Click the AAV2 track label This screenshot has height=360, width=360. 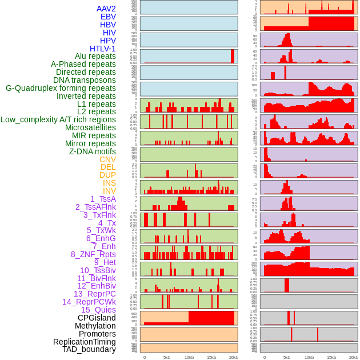pyautogui.click(x=106, y=9)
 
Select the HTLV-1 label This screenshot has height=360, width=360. pyautogui.click(x=102, y=49)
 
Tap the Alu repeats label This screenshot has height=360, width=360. pyautogui.click(x=95, y=56)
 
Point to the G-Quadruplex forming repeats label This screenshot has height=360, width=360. pyautogui.click(x=61, y=88)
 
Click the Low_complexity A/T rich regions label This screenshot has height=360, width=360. pyautogui.click(x=58, y=119)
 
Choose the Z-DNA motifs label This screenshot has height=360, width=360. pyautogui.click(x=92, y=151)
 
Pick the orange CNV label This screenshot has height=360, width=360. pyautogui.click(x=107, y=159)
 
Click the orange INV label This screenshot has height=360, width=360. pyautogui.click(x=109, y=191)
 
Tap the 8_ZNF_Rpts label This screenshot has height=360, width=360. pyautogui.click(x=93, y=254)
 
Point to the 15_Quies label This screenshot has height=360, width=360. pyautogui.click(x=98, y=310)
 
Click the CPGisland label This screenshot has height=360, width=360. pyautogui.click(x=97, y=318)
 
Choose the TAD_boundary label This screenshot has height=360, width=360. pyautogui.click(x=89, y=349)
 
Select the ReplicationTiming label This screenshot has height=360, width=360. pyautogui.click(x=84, y=342)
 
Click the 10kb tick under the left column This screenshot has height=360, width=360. pyautogui.click(x=189, y=357)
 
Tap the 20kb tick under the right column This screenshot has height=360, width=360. pyautogui.click(x=354, y=357)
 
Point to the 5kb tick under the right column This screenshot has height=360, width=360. pyautogui.click(x=287, y=357)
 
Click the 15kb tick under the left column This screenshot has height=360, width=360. pyautogui.click(x=211, y=357)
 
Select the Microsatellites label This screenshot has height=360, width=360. pyautogui.click(x=90, y=127)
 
